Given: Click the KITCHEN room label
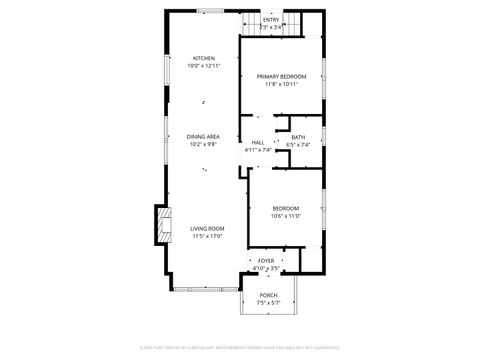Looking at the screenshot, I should point(204,58).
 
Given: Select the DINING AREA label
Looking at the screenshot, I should point(204,137).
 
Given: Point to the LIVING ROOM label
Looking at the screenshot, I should point(207,228).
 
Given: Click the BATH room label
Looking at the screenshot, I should point(298,137).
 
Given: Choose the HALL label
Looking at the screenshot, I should point(258,142).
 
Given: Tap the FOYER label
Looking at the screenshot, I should point(266,260).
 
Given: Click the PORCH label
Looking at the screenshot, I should point(268,295).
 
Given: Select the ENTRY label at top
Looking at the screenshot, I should point(271,19).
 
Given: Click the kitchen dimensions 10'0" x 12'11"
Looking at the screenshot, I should point(204,65).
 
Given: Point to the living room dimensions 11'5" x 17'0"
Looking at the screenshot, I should point(207,236).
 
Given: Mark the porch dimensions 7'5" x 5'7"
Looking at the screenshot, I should point(268,303).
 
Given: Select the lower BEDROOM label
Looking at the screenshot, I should point(285,208).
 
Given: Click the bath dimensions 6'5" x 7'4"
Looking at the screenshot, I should point(298,145).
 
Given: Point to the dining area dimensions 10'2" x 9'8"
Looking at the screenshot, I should point(204,145).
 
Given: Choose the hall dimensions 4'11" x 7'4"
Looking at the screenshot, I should point(258,150).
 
